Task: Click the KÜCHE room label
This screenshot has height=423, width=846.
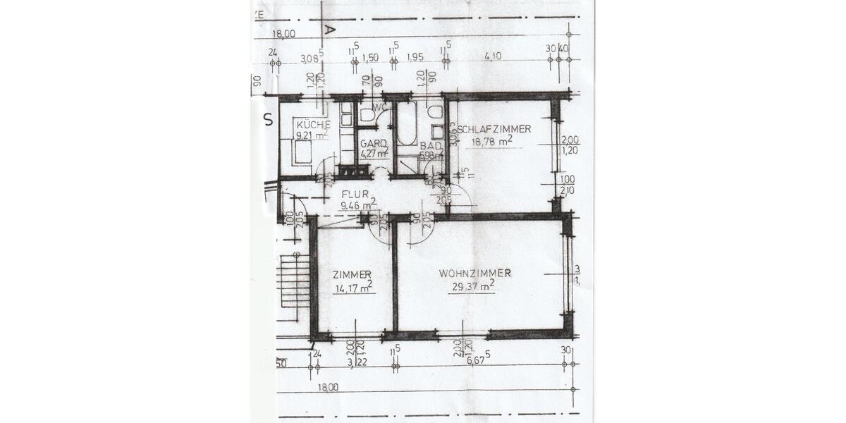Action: pyautogui.click(x=313, y=125)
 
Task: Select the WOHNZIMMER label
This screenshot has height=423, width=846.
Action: pyautogui.click(x=474, y=273)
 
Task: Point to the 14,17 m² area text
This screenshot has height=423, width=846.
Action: pyautogui.click(x=353, y=287)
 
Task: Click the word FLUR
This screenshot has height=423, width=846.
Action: pyautogui.click(x=356, y=194)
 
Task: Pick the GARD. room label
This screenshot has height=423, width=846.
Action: pyautogui.click(x=374, y=142)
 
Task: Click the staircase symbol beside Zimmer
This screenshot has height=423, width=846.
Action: pyautogui.click(x=295, y=282)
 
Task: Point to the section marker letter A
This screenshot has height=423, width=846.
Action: pyautogui.click(x=329, y=29)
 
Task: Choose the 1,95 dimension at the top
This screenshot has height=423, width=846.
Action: pyautogui.click(x=415, y=57)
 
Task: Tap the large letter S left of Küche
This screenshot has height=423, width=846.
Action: pyautogui.click(x=268, y=119)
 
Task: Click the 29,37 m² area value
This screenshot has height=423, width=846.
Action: pyautogui.click(x=472, y=286)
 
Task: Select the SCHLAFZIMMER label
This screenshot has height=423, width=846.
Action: pyautogui.click(x=494, y=129)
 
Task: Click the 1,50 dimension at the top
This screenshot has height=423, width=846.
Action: pyautogui.click(x=370, y=57)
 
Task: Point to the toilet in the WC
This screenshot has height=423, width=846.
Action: pyautogui.click(x=367, y=115)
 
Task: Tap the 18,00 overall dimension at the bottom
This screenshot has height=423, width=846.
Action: pyautogui.click(x=328, y=386)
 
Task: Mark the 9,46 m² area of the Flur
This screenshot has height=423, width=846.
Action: pyautogui.click(x=359, y=206)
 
